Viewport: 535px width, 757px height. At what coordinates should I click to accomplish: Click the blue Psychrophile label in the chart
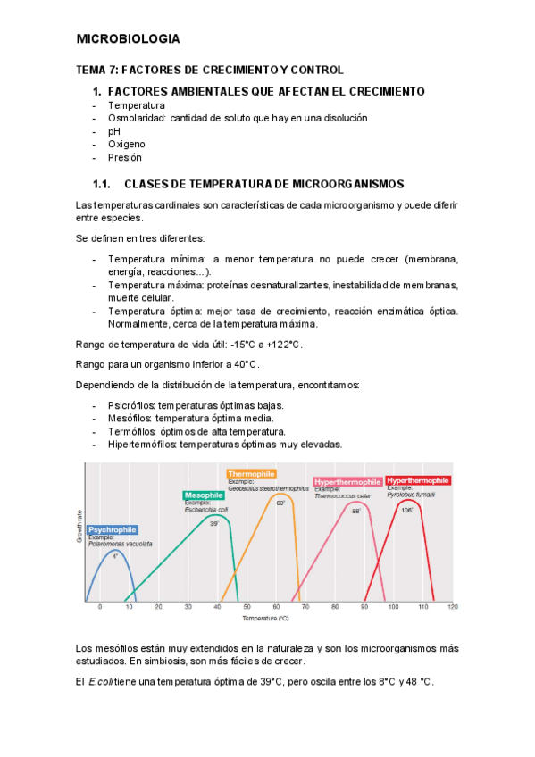(113, 529)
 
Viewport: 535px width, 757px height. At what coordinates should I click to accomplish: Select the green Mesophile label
(204, 495)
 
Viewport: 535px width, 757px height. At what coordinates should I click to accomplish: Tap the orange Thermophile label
(252, 474)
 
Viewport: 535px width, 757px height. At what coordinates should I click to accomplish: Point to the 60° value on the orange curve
(280, 503)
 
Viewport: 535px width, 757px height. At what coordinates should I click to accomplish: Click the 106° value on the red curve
(406, 511)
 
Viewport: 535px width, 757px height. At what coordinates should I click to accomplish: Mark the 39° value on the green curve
(214, 524)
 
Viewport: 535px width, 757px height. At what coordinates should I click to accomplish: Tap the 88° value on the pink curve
(355, 512)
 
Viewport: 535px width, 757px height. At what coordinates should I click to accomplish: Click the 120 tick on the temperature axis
(452, 607)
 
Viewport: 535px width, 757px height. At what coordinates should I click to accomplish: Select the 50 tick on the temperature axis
(247, 607)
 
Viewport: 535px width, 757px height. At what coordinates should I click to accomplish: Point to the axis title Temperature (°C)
(265, 618)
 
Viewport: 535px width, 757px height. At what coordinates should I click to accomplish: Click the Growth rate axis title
(79, 527)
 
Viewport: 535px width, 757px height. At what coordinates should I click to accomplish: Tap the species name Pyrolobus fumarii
(412, 494)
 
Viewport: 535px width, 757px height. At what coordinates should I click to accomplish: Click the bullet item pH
(114, 130)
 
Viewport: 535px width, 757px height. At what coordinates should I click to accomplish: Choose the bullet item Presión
(124, 157)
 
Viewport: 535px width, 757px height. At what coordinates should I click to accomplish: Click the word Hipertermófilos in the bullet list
(141, 444)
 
